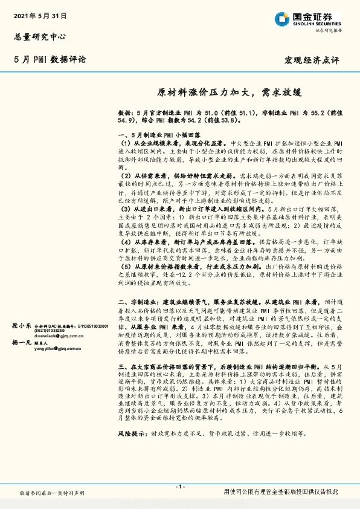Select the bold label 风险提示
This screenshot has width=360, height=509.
tap(130, 434)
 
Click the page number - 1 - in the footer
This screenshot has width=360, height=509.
tap(179, 487)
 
